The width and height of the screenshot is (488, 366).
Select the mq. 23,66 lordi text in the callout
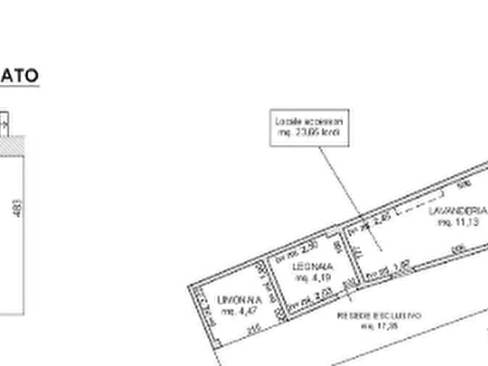pyautogui.click(x=310, y=134)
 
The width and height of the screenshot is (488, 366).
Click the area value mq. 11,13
pyautogui.click(x=458, y=221)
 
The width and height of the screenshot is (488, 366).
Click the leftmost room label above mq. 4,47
pyautogui.click(x=238, y=300)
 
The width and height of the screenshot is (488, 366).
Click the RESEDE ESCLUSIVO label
pyautogui.click(x=379, y=316)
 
